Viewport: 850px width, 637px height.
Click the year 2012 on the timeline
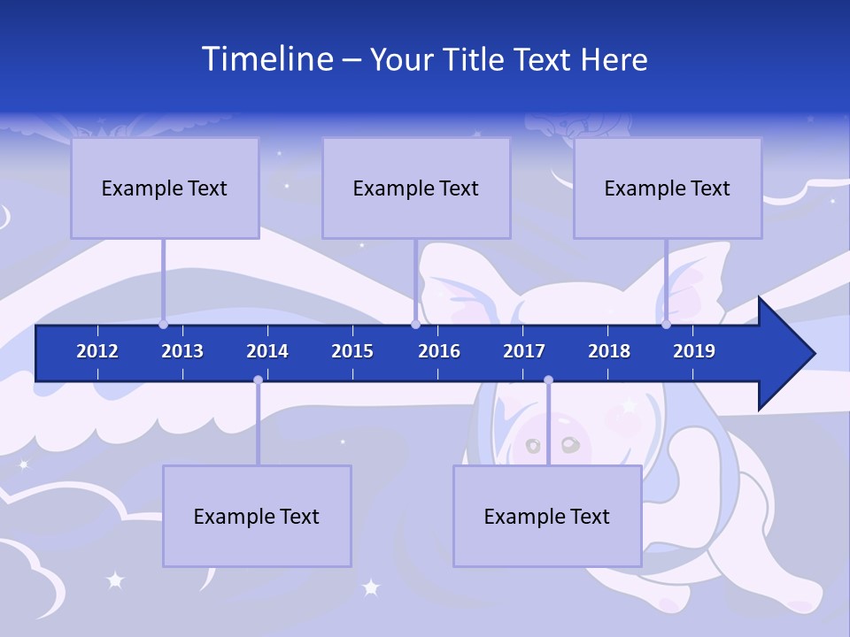tap(97, 351)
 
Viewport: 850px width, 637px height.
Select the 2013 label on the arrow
tap(182, 351)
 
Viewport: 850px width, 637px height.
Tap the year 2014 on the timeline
tap(267, 351)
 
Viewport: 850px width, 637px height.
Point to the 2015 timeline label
tap(352, 351)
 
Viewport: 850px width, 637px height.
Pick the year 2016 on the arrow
tap(439, 351)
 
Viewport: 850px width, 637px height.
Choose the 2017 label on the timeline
tap(524, 351)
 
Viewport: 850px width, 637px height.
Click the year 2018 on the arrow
tap(609, 351)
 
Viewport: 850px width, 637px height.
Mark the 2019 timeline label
tap(694, 351)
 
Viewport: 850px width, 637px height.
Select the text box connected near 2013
tap(165, 188)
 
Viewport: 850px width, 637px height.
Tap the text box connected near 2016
tap(416, 188)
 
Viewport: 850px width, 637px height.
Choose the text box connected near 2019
tap(668, 188)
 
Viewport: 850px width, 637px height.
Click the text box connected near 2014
tap(257, 516)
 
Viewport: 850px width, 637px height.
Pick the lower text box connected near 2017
tap(547, 516)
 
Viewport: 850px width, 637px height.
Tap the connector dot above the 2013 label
tap(164, 325)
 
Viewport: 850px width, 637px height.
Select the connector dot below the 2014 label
tap(258, 380)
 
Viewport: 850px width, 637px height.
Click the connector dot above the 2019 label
tap(667, 325)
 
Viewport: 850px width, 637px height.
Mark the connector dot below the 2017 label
tap(548, 380)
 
